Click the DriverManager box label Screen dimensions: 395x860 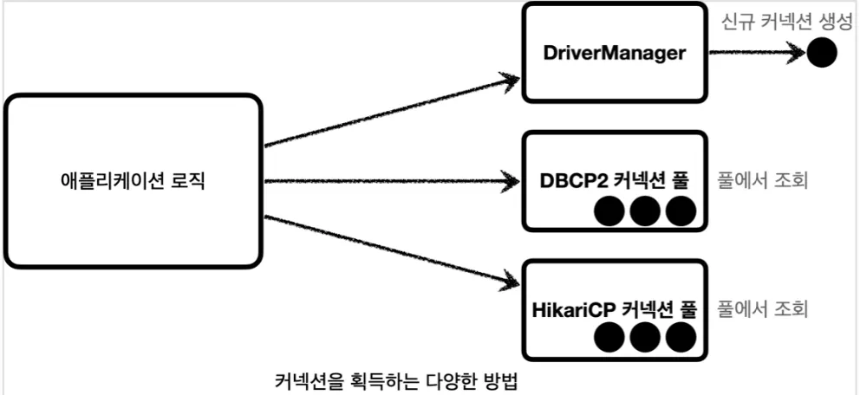pos(614,53)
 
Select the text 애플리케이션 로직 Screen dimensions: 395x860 pos(133,183)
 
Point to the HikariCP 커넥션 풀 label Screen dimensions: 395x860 pos(614,308)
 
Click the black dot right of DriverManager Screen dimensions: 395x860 pos(820,53)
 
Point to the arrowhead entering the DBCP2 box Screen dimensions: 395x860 pos(510,182)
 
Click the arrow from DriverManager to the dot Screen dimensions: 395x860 pos(754,53)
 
